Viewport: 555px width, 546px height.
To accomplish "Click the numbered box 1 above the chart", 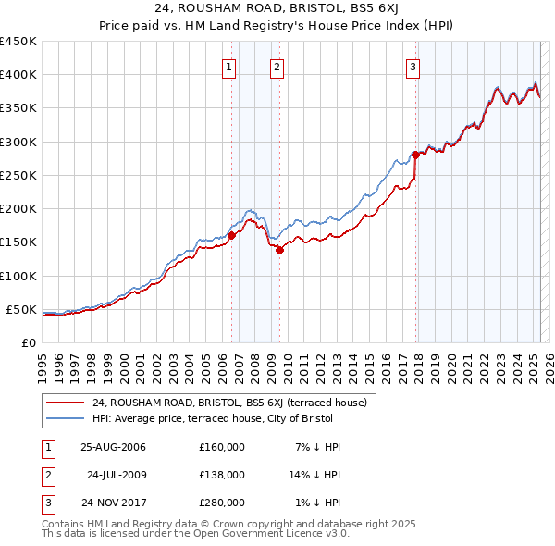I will click(228, 66).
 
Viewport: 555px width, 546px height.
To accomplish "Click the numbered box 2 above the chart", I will click(277, 66).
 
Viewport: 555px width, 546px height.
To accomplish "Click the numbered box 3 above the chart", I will click(413, 66).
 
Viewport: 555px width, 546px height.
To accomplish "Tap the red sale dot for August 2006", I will click(232, 235).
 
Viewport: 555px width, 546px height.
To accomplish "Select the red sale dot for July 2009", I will click(279, 250).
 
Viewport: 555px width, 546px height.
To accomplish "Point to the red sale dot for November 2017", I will click(415, 155).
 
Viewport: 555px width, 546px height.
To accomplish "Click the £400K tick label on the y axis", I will click(18, 75).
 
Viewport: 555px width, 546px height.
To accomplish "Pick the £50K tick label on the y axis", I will click(21, 309).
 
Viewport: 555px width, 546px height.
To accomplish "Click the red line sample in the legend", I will click(66, 403).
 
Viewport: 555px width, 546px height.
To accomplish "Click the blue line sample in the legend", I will click(66, 418).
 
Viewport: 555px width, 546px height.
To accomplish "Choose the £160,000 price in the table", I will click(222, 447).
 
